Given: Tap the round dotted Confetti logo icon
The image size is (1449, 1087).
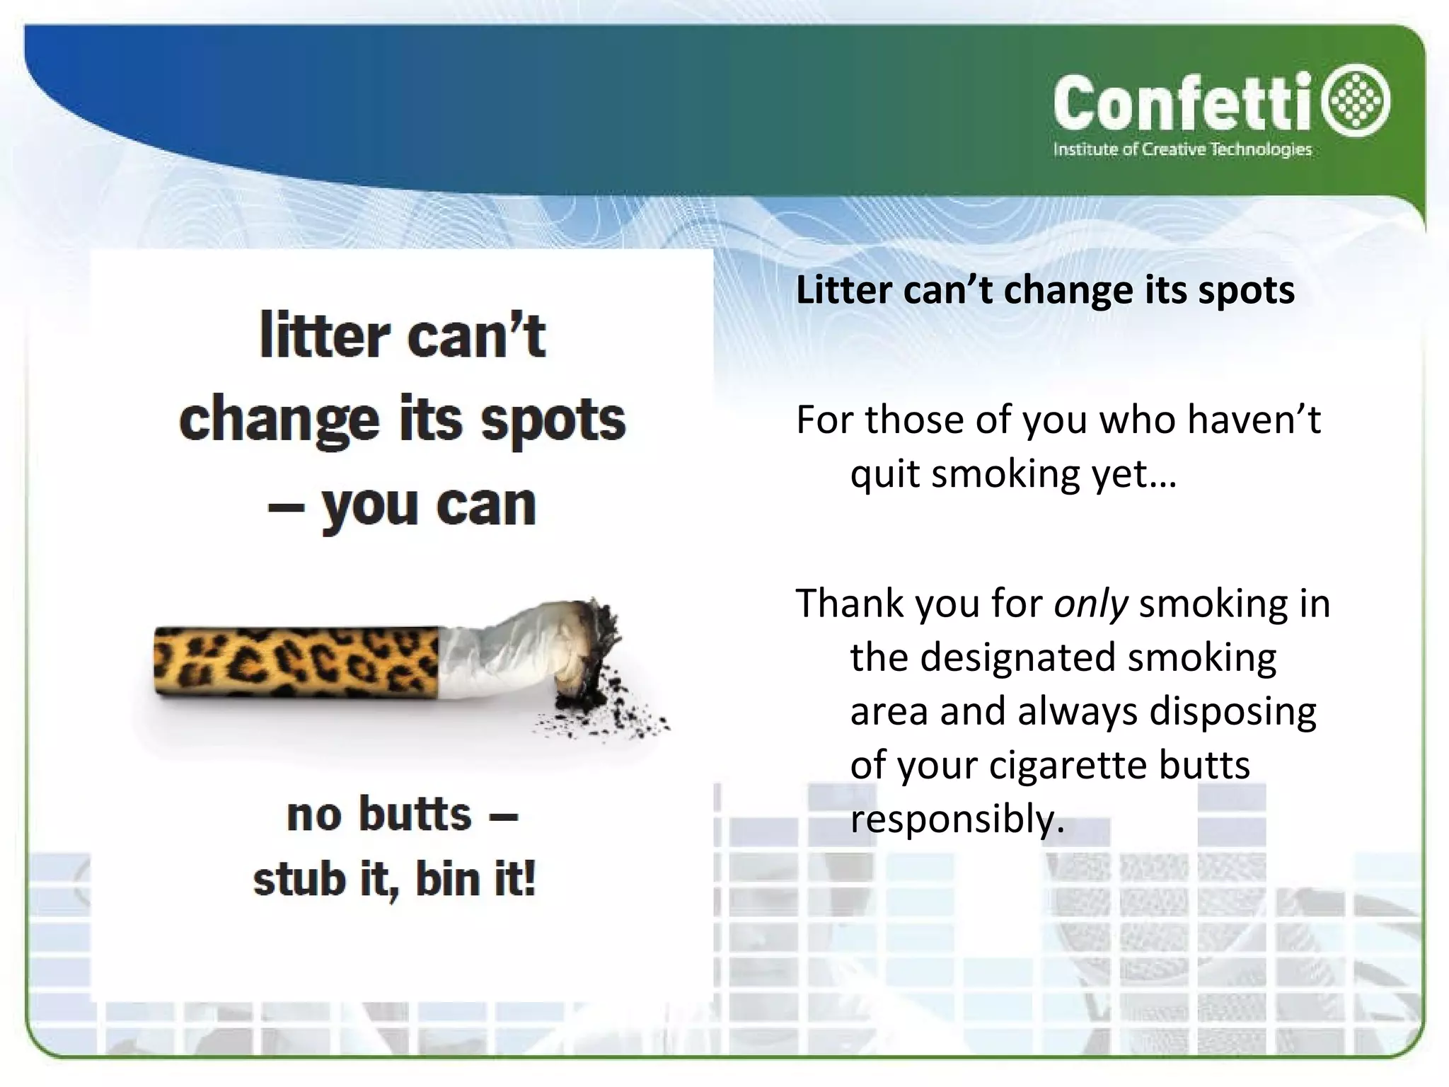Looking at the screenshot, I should pyautogui.click(x=1359, y=101).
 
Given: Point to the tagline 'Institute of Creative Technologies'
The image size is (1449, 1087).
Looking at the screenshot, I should pyautogui.click(x=1182, y=149).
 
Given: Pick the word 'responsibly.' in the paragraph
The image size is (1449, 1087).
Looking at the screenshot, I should pyautogui.click(x=957, y=819).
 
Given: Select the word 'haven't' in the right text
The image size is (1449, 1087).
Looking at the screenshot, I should pyautogui.click(x=1253, y=420).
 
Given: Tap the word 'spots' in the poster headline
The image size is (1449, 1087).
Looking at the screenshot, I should pyautogui.click(x=553, y=420).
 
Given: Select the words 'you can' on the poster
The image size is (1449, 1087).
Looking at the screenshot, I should pyautogui.click(x=429, y=505).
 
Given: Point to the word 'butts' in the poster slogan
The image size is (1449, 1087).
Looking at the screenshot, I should pyautogui.click(x=415, y=814).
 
